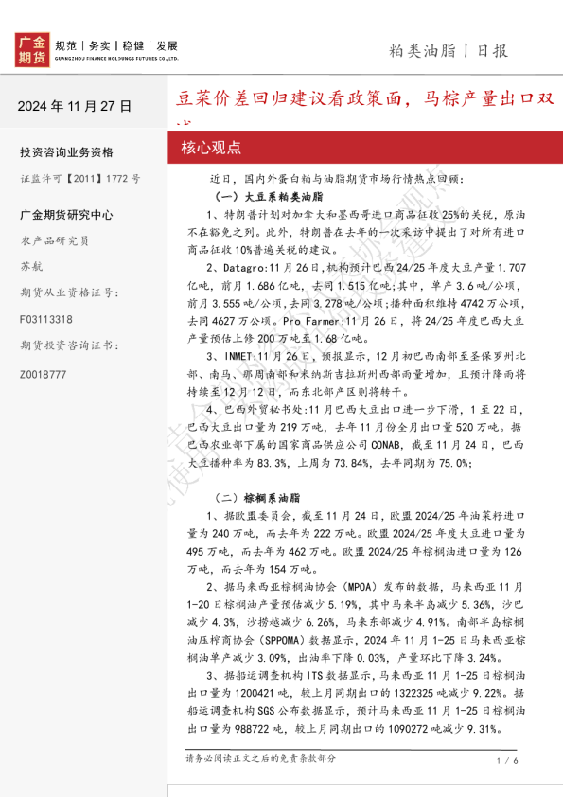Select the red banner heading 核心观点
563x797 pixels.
click(x=211, y=148)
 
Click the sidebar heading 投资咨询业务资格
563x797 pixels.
click(x=66, y=152)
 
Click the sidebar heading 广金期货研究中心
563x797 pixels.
click(x=66, y=215)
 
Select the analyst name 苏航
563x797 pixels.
click(x=30, y=266)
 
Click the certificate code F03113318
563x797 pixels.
click(x=45, y=320)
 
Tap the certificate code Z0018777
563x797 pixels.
click(x=44, y=374)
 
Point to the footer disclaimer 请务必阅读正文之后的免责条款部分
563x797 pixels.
click(x=261, y=758)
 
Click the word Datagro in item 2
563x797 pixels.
click(x=245, y=269)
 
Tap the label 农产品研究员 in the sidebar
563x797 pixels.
click(x=54, y=240)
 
